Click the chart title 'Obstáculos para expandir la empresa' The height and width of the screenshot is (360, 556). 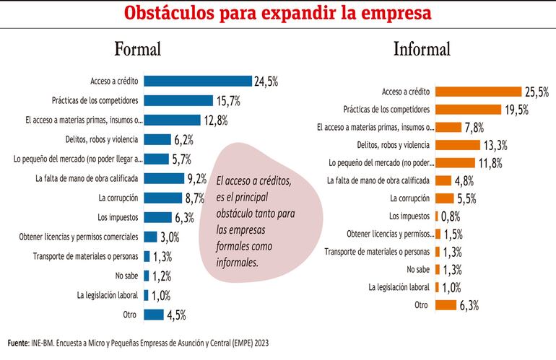(278, 14)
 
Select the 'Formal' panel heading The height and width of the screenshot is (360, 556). (137, 50)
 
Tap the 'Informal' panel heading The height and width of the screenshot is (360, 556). (422, 49)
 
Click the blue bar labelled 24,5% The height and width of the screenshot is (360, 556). (198, 81)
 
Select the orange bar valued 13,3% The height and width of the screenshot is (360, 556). (460, 144)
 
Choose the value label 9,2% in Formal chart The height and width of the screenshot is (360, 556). (196, 178)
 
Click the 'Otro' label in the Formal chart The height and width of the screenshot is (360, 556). (131, 314)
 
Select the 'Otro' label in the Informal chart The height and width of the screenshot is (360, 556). (422, 305)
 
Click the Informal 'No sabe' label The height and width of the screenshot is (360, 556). (418, 270)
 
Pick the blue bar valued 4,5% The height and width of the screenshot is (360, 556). (154, 314)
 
